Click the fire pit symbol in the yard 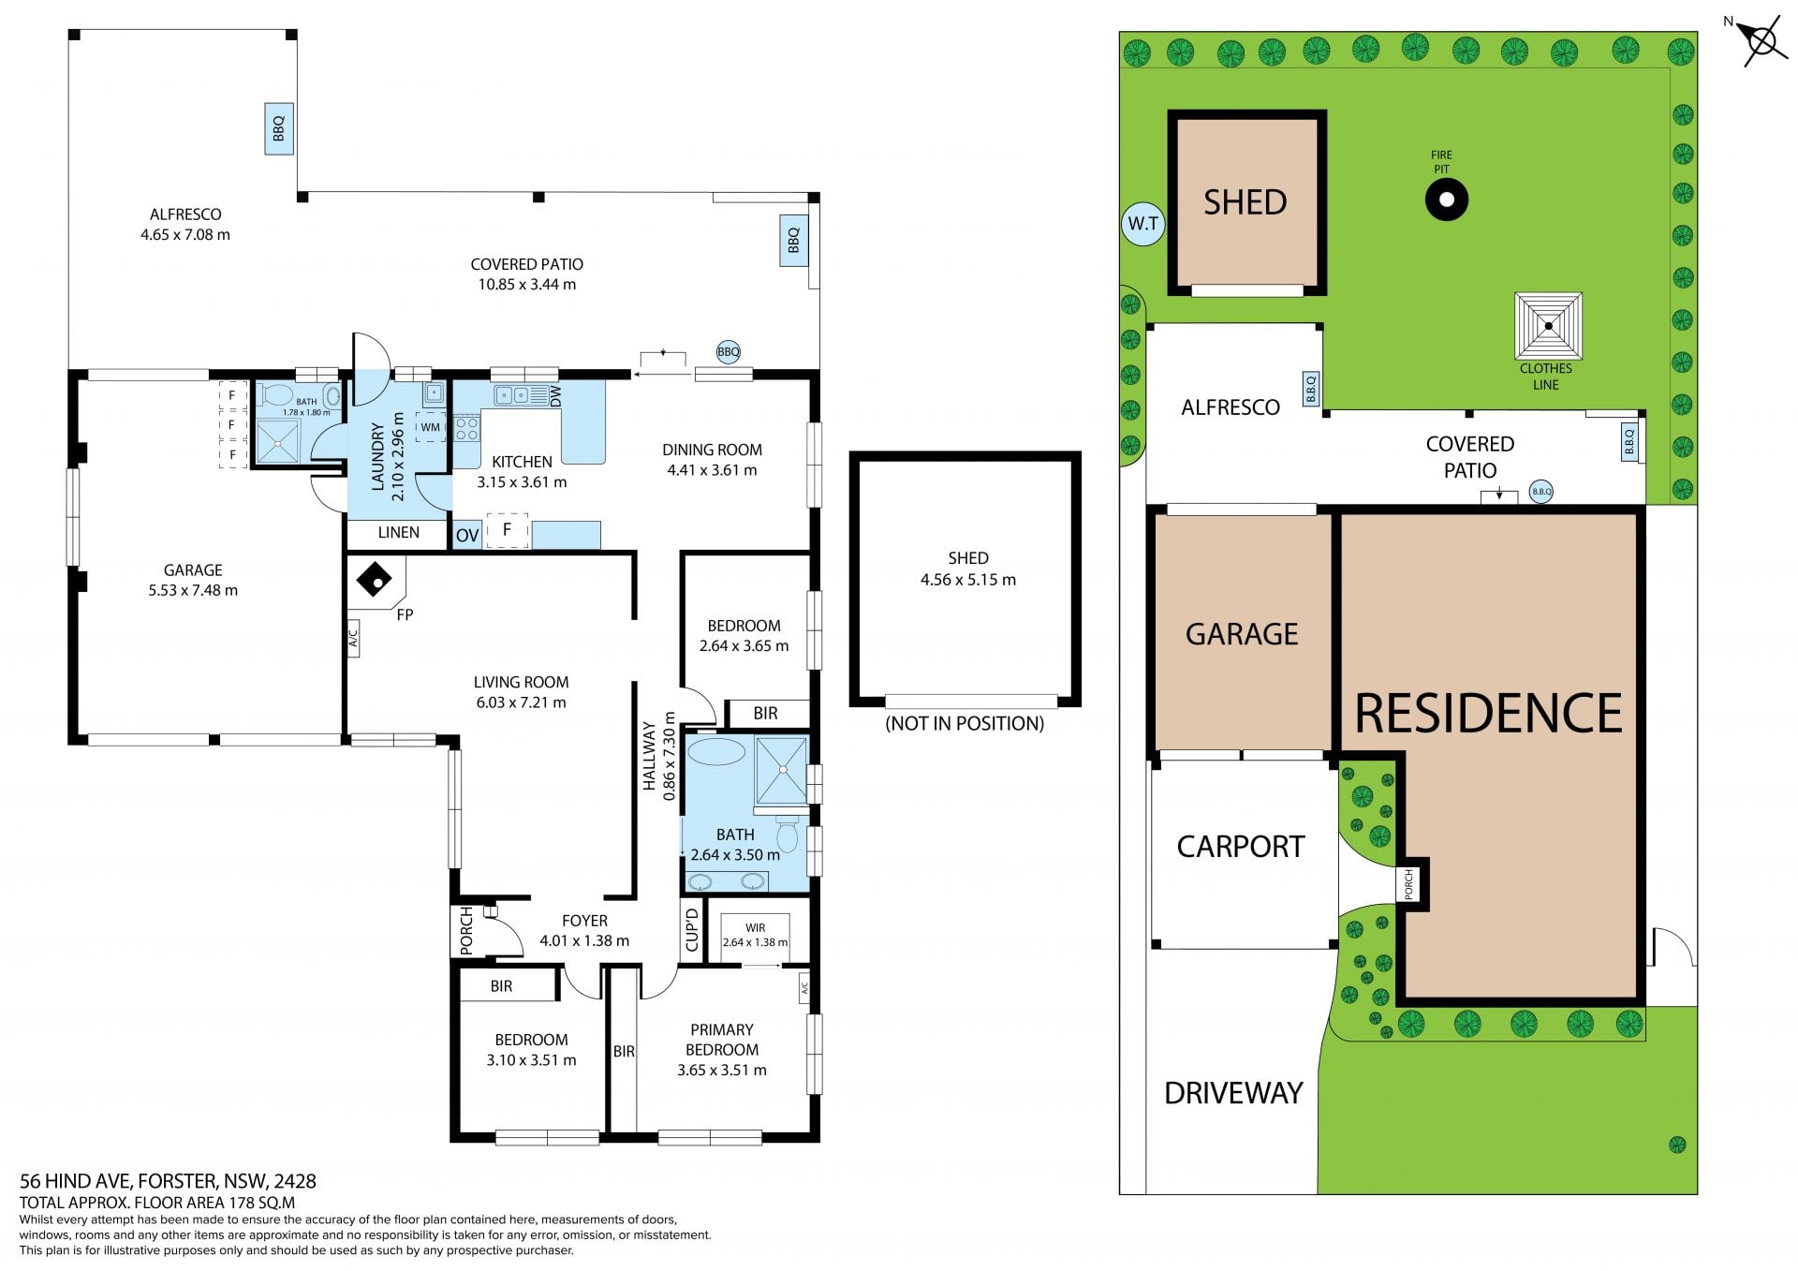1446,199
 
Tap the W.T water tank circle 1142,224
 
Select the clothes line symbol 1549,326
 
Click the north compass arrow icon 1760,41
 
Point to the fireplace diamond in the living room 375,581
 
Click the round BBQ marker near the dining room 728,352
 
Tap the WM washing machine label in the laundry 430,427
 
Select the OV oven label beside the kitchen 467,536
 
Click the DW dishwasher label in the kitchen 555,395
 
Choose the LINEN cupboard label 398,532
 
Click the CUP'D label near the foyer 692,929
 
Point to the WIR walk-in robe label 756,927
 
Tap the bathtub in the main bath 716,751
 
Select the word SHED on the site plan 1245,202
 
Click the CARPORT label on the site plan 1240,847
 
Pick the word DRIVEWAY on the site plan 1233,1093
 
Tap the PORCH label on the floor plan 466,930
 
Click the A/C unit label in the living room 353,639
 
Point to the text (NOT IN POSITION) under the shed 965,723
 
